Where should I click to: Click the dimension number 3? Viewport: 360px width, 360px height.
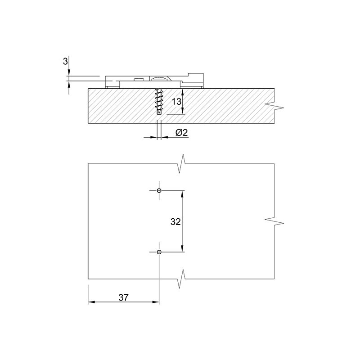[65, 62]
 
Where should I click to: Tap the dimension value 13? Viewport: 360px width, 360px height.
[176, 102]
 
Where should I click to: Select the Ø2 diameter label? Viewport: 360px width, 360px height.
[182, 132]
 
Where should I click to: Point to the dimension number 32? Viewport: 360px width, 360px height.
[175, 222]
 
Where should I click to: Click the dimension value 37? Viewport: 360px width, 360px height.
[123, 297]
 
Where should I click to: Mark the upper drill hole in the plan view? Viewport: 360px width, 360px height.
[159, 190]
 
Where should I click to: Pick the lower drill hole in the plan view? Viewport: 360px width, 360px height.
[159, 252]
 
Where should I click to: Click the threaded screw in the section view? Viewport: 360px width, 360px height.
[159, 101]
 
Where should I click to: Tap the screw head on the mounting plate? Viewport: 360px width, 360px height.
[159, 79]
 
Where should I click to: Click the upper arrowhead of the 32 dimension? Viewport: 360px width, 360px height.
[182, 194]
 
